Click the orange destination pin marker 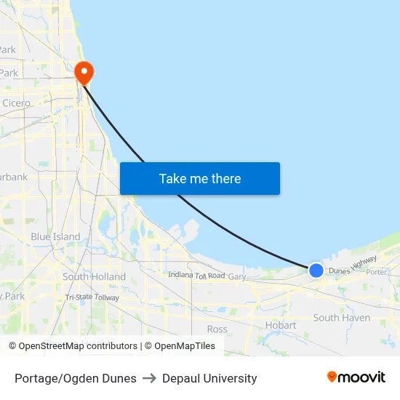84,71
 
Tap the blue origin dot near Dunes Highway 316,271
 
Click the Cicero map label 17,103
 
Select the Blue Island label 55,236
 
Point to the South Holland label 94,276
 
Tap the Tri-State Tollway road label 92,297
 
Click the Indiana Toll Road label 196,275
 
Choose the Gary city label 237,276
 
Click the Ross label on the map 217,329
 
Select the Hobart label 281,325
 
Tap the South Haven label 341,318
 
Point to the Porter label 377,272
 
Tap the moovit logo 356,377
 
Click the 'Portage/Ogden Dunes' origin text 76,378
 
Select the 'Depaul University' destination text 209,378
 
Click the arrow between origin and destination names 149,378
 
